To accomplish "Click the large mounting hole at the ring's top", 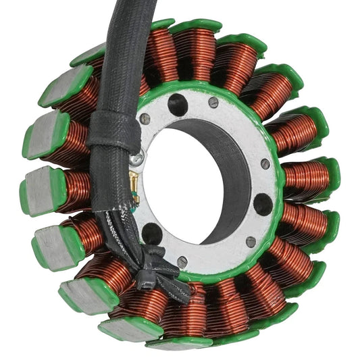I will point(178,105).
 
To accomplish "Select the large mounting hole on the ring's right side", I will point(262,204).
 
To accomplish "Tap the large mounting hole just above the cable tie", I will point(153,234).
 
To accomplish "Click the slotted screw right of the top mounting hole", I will point(213,103).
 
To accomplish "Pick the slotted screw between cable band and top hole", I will point(145,119).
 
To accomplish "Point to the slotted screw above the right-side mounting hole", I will point(265,164).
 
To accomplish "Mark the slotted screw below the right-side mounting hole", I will point(251,241).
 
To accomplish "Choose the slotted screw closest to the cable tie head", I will point(182,261).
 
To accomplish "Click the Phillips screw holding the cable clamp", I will point(137,157).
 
